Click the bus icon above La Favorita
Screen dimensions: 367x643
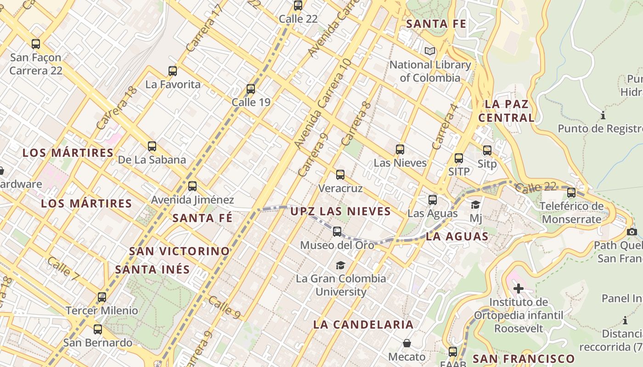[x=173, y=71]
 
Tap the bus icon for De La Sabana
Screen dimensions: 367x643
[x=152, y=147]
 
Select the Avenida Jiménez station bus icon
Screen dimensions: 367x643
[x=192, y=186]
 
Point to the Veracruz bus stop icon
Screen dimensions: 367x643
[x=340, y=175]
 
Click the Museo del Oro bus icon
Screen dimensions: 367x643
[x=337, y=232]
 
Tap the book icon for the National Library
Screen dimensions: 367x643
[x=429, y=51]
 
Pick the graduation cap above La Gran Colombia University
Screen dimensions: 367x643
[x=340, y=265]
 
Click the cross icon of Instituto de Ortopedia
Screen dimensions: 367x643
[x=519, y=289]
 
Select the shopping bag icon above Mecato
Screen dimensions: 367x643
[x=406, y=343]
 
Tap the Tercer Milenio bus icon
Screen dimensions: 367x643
[x=102, y=297]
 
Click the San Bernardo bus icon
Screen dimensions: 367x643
[x=97, y=329]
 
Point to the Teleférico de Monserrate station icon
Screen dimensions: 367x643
[x=571, y=193]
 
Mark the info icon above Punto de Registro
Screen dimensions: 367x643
[x=603, y=115]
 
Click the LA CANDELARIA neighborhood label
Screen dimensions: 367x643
[x=363, y=324]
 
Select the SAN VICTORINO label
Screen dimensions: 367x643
[x=179, y=251]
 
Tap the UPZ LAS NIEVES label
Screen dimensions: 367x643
[x=340, y=211]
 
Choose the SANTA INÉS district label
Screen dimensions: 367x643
[x=152, y=269]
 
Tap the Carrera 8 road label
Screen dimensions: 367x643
[x=356, y=123]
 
